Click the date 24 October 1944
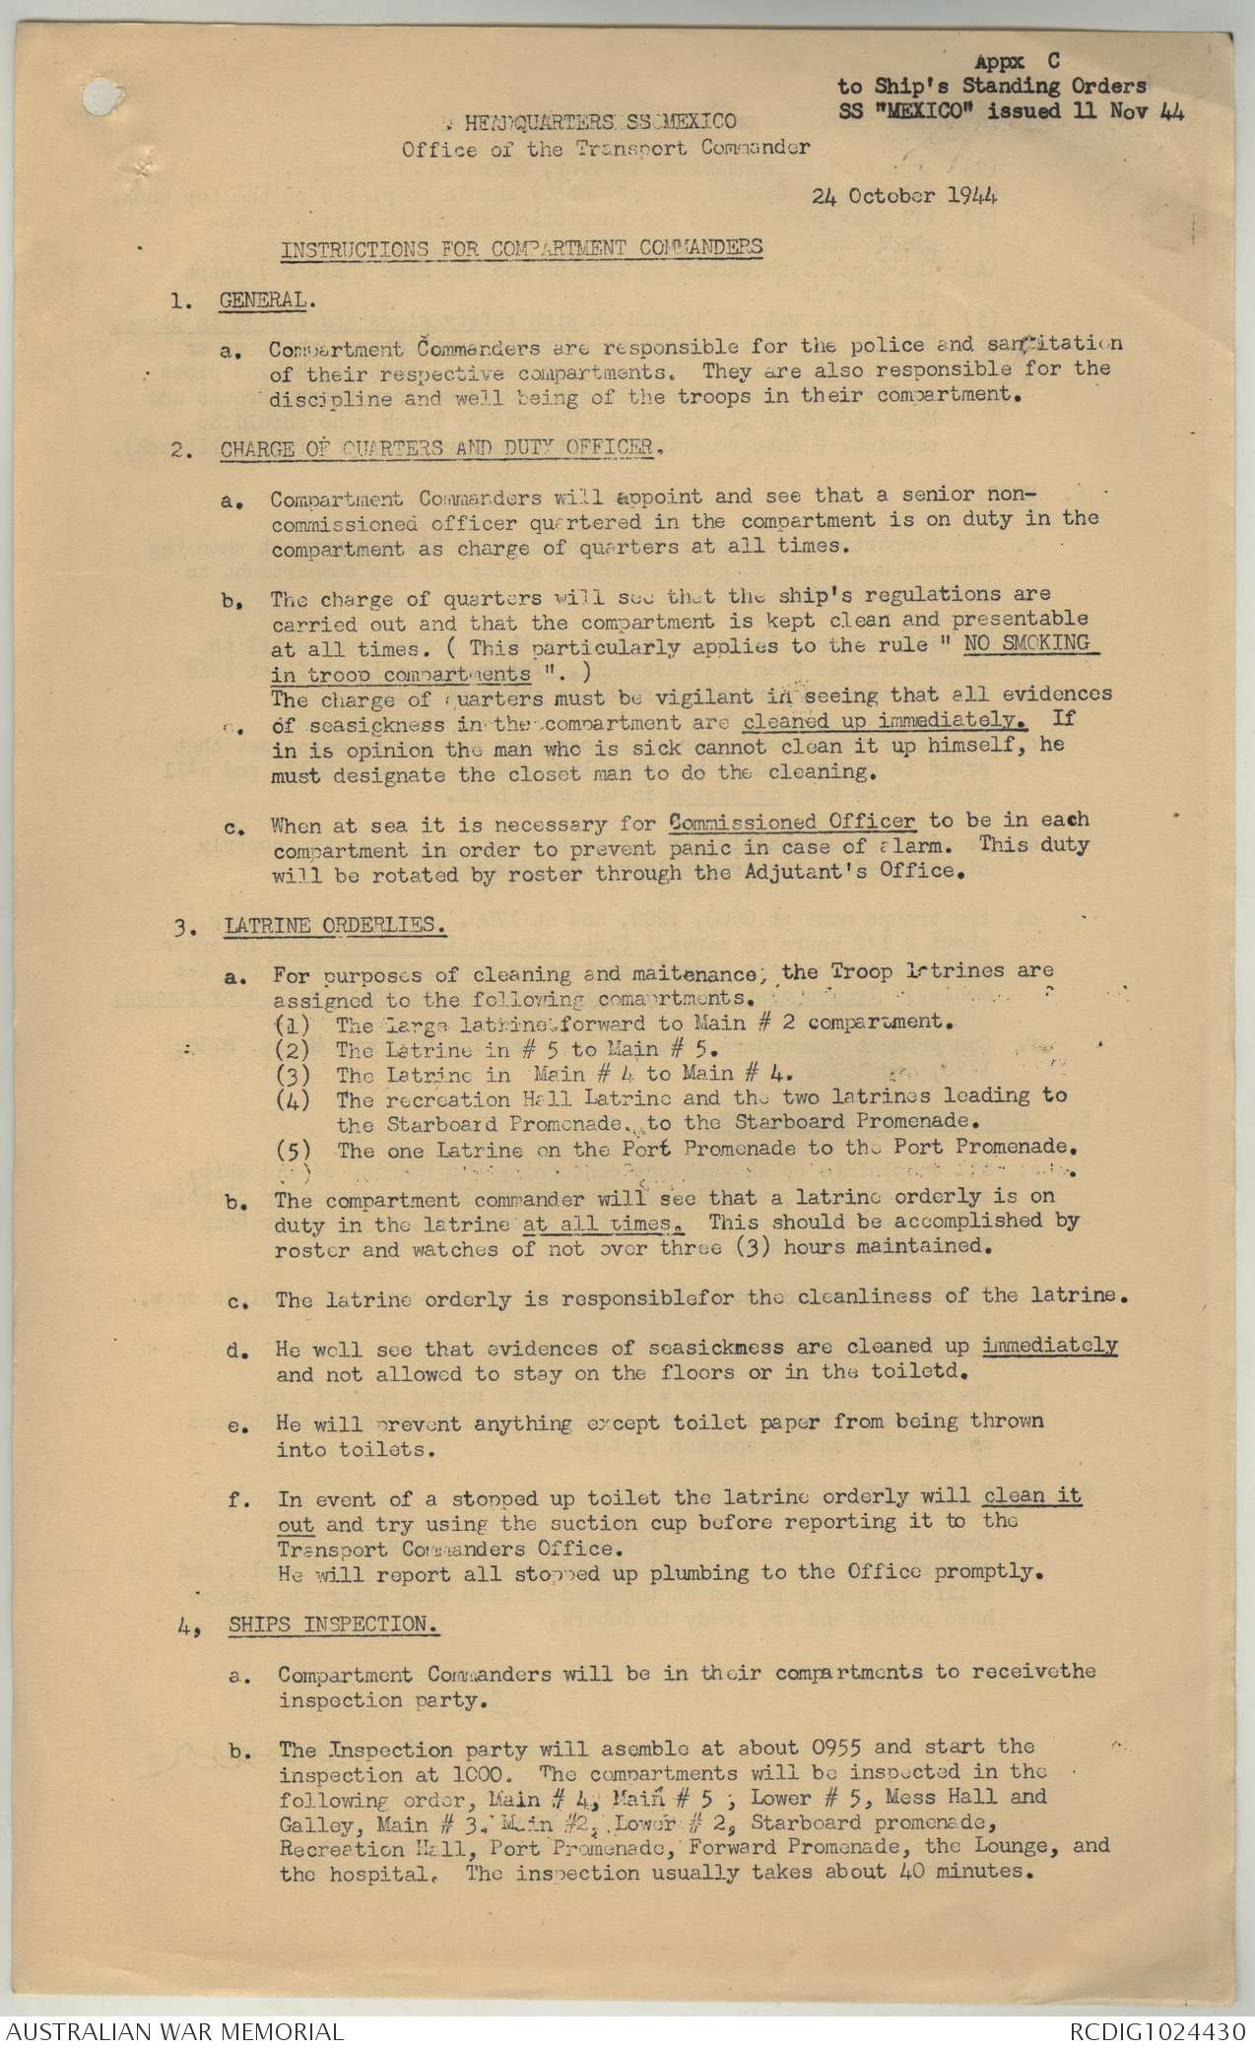[904, 195]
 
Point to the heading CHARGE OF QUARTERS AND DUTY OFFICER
[436, 448]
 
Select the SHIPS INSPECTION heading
[334, 1624]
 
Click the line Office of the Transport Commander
[605, 149]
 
